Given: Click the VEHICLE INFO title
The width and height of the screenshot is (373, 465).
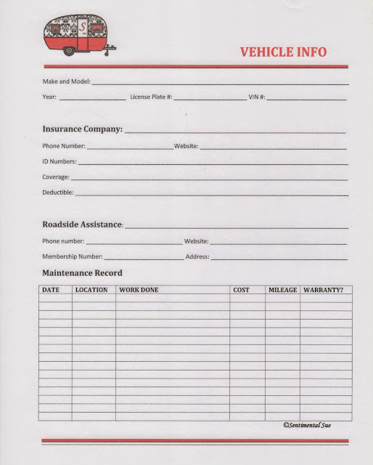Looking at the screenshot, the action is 283,52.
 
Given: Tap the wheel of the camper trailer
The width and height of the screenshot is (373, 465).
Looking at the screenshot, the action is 70,51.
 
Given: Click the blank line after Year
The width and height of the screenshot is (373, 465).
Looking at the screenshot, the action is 92,97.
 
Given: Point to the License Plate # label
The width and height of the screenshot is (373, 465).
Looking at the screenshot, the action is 150,97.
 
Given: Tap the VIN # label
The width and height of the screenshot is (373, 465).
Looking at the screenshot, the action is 257,97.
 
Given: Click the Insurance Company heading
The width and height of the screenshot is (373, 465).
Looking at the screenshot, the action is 82,129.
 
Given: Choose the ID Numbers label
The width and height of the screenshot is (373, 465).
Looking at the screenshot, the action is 59,161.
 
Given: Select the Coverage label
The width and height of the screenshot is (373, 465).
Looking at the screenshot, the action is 56,177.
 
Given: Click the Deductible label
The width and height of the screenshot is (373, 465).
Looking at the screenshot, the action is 58,193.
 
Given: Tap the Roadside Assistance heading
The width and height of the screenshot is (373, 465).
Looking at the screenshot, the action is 82,225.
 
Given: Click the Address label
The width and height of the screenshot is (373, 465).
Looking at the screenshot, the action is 197,256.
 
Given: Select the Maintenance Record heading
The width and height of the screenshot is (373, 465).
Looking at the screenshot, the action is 82,273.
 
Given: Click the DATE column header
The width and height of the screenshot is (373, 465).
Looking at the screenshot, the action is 51,290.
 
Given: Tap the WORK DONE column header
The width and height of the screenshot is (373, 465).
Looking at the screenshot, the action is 139,290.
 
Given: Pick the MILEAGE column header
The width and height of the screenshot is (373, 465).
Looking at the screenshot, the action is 282,290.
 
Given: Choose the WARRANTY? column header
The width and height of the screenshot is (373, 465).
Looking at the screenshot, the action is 324,290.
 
